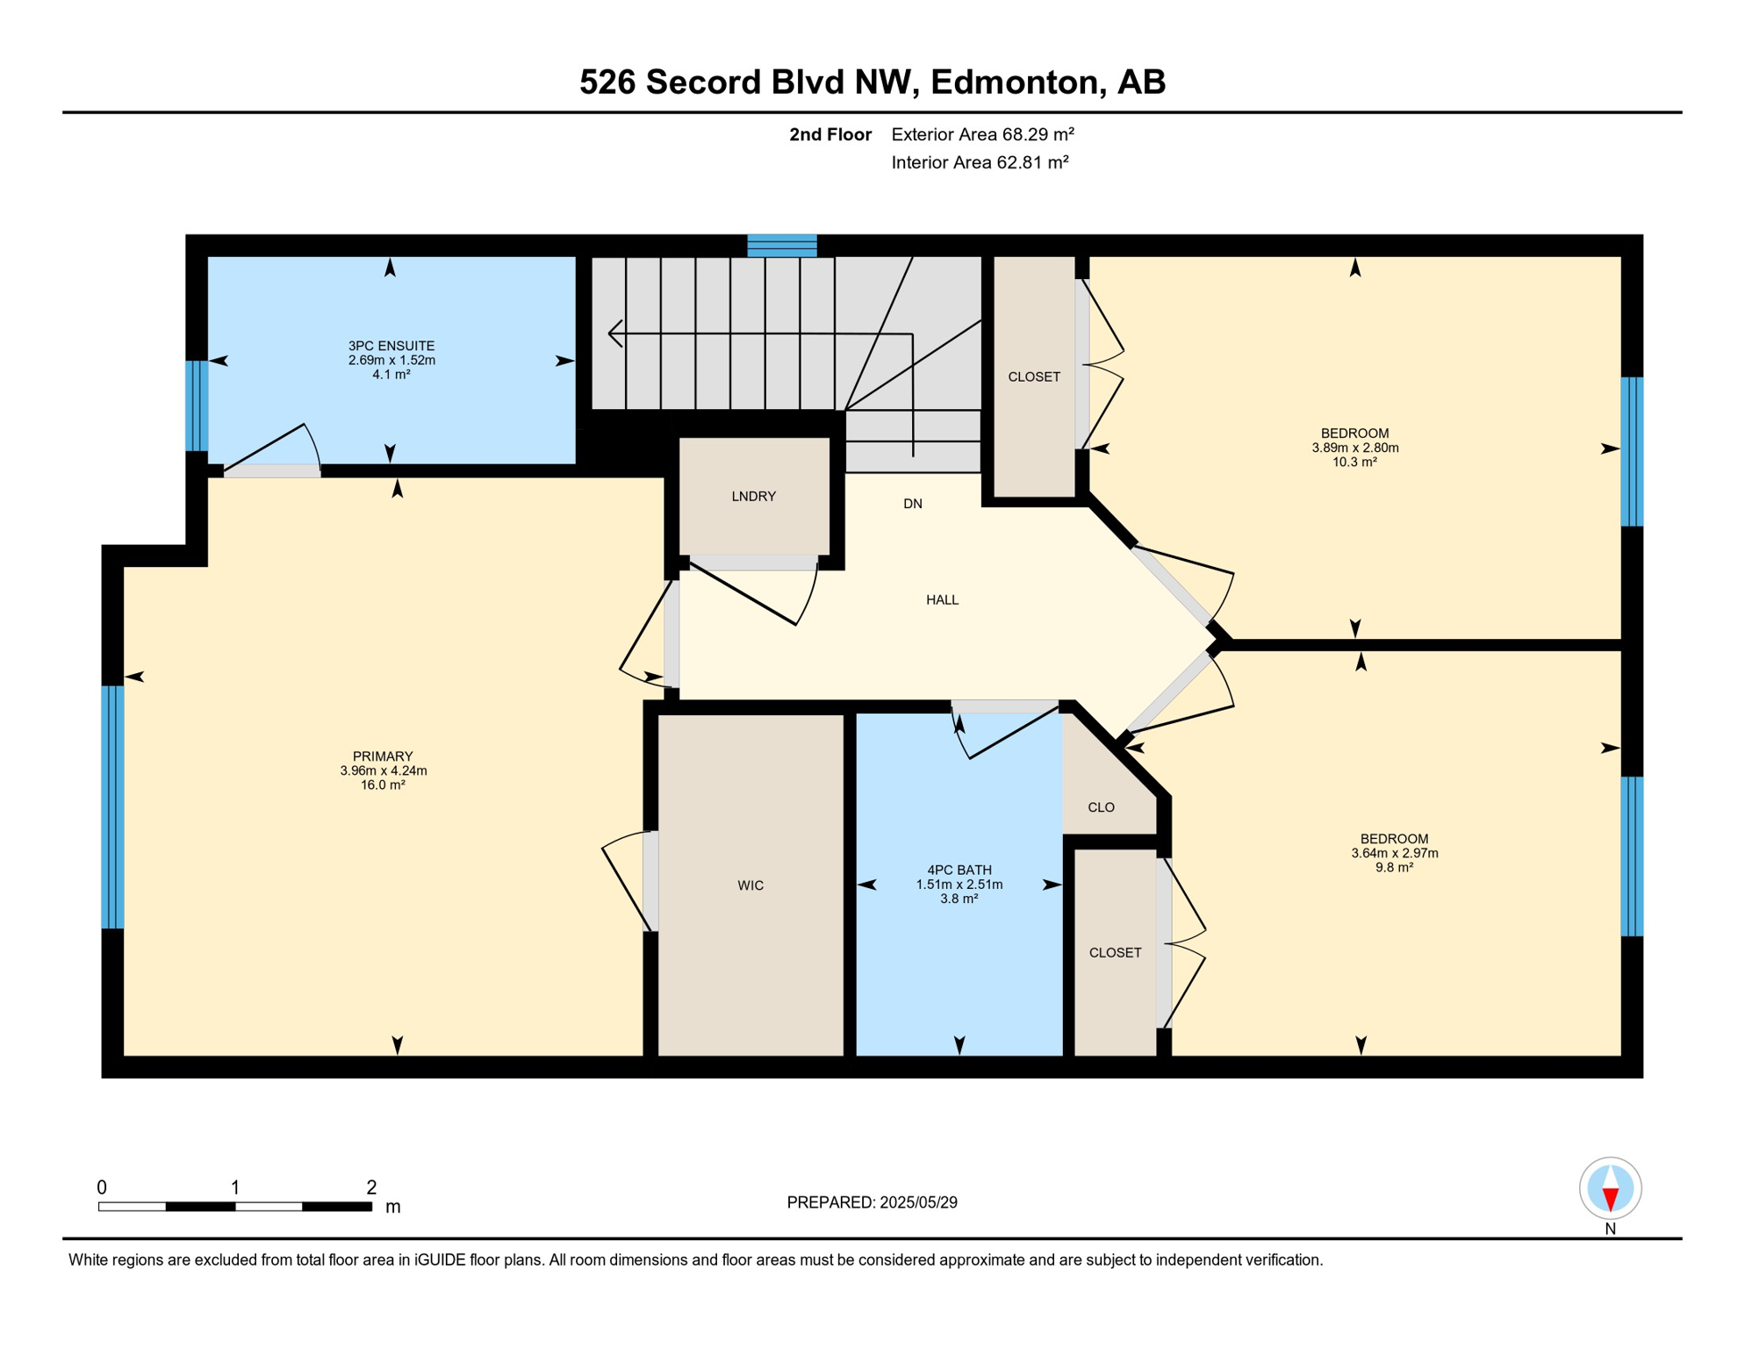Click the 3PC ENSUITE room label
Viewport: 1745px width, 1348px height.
coord(391,346)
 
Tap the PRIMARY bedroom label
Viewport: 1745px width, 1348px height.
coord(383,756)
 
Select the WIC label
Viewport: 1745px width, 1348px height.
coord(750,886)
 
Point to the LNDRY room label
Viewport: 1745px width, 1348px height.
coord(753,497)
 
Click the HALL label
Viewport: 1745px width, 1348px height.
coord(942,600)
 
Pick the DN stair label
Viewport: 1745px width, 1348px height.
coord(913,504)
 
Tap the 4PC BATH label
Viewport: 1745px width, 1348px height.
coord(959,871)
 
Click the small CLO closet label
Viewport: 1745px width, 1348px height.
coord(1101,807)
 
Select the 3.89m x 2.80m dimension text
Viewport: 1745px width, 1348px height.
coord(1354,448)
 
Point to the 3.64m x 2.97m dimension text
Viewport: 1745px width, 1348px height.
coord(1394,853)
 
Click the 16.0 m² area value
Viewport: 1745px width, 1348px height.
coord(383,785)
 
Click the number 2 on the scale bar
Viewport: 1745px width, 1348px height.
coord(371,1187)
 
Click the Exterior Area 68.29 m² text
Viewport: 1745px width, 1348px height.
coord(982,134)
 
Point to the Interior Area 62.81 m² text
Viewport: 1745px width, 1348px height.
coord(980,162)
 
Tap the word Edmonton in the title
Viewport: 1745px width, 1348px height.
coord(1015,82)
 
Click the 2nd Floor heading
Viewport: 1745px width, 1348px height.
coord(829,134)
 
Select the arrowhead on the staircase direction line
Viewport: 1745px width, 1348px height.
coord(614,333)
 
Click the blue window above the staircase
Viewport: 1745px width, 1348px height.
coord(782,246)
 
